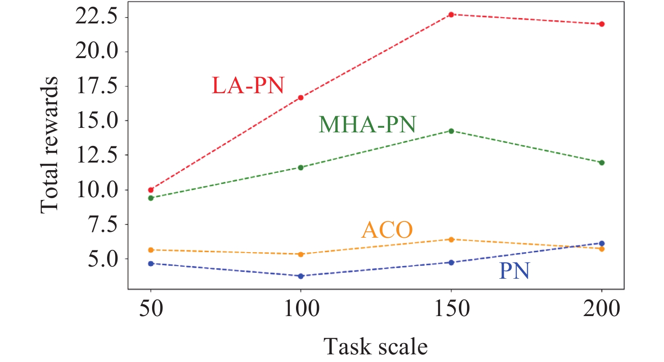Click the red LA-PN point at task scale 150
451,14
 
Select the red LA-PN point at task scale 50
151,190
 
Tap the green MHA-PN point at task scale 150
451,131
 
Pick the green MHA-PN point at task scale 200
602,163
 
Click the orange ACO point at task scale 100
301,254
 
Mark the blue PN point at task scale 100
301,276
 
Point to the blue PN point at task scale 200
602,244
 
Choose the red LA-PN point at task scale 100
301,98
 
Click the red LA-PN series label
248,85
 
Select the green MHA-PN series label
367,124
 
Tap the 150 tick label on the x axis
451,309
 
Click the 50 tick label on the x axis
151,309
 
